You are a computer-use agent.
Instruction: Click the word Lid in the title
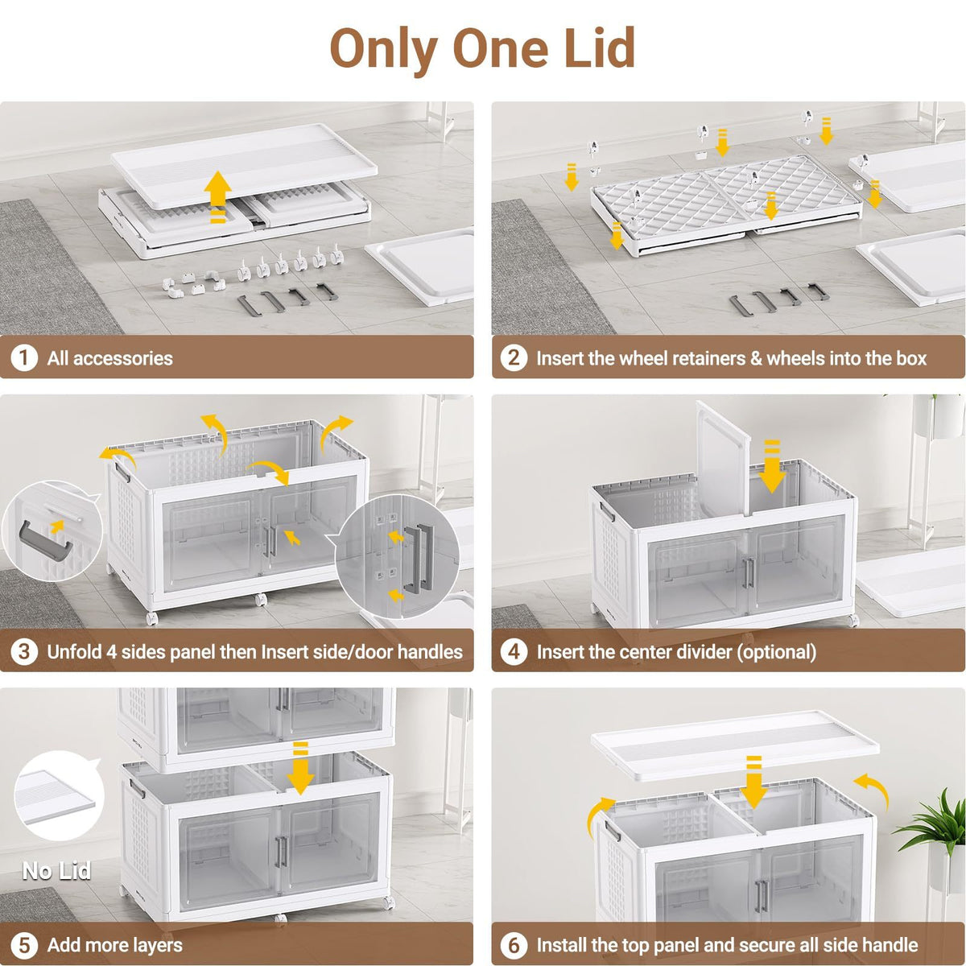point(600,48)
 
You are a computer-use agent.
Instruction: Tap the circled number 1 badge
point(24,358)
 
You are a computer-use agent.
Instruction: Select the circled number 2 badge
point(514,358)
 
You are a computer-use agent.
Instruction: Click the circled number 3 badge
point(24,652)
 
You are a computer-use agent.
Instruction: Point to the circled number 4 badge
point(514,652)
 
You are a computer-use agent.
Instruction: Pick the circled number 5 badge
point(24,945)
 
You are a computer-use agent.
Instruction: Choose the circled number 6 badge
point(514,945)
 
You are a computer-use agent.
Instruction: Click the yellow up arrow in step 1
point(217,196)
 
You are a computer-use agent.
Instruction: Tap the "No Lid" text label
point(56,871)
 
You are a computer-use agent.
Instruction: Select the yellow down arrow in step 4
point(772,466)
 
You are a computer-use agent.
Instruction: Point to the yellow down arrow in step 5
point(300,769)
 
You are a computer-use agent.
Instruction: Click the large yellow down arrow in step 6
point(753,782)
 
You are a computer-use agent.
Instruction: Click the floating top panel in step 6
point(735,745)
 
